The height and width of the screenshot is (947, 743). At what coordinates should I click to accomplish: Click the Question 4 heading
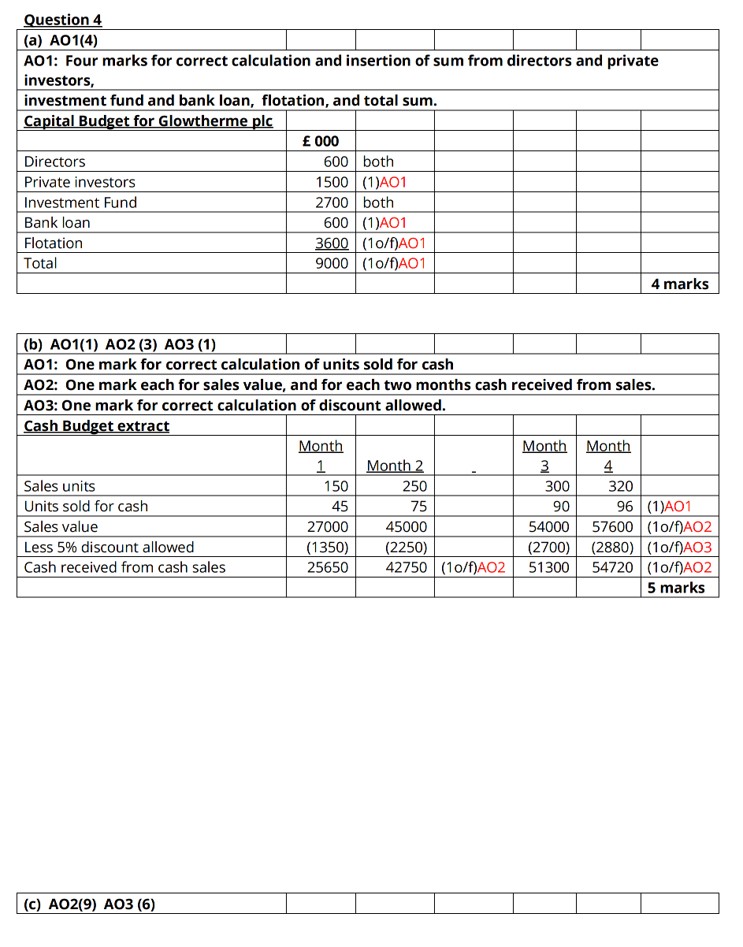coord(63,20)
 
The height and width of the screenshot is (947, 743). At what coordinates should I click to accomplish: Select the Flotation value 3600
coord(332,243)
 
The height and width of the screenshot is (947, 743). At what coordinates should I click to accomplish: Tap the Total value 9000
coord(332,263)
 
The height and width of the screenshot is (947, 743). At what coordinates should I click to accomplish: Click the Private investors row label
coord(80,182)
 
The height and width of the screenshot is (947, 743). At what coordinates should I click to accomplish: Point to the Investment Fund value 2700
coord(332,202)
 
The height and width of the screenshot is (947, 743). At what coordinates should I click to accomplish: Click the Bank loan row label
coord(57,223)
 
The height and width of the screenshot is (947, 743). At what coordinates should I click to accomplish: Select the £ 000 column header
coord(321,141)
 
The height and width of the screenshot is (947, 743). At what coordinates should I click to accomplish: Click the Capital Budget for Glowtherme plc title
coord(148,121)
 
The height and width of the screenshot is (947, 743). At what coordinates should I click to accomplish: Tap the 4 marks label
coord(680,284)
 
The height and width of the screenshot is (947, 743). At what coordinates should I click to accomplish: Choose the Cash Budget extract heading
coord(97,425)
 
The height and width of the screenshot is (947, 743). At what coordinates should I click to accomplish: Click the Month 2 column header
coord(395,466)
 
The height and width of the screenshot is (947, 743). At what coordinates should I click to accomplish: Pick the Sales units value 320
coord(621,486)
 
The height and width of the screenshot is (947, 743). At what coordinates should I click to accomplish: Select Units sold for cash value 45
coord(340,507)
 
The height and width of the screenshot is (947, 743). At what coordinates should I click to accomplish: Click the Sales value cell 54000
coord(548,526)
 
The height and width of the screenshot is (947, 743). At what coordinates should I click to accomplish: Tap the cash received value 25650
coord(327,567)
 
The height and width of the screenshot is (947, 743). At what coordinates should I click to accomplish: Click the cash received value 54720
coord(612,567)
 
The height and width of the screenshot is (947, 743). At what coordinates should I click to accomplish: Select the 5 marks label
coord(676,588)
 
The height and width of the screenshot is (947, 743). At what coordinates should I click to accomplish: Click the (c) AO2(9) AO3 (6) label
coord(90,904)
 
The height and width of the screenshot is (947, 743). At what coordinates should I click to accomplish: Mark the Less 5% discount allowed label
coord(109,547)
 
